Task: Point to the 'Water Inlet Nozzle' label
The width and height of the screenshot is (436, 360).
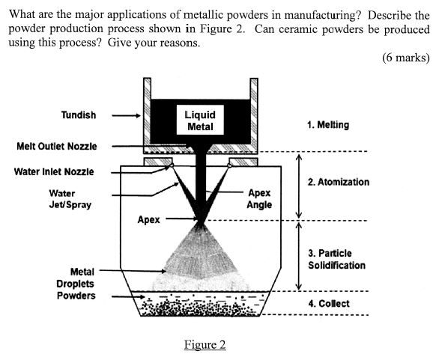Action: (54, 171)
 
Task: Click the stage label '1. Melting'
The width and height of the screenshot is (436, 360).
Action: (328, 125)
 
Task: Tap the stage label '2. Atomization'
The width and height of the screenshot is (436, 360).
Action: (339, 182)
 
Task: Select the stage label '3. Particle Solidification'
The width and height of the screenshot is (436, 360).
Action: (336, 259)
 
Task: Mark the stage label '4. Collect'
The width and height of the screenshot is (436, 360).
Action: (329, 303)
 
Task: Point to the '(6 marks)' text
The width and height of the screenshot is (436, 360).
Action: (405, 58)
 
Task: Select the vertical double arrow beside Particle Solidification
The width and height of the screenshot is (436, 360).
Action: (298, 255)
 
